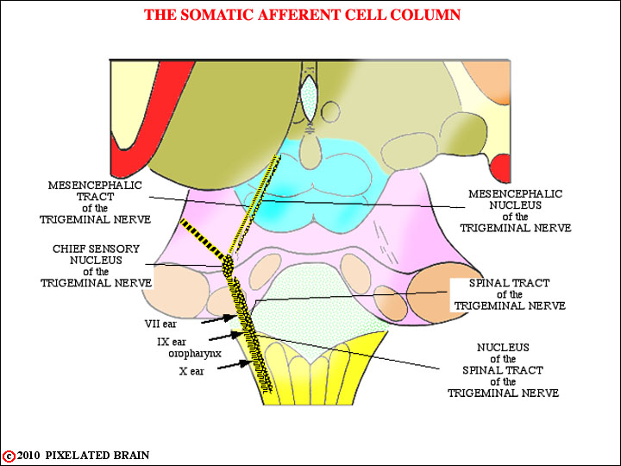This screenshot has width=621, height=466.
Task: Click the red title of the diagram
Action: point(302,15)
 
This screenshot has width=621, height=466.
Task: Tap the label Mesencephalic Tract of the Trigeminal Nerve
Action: point(95,202)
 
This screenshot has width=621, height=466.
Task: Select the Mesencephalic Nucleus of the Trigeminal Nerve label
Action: point(515,211)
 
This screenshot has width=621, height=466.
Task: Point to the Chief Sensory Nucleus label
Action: point(97,266)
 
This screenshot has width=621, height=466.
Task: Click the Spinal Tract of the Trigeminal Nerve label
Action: point(510,294)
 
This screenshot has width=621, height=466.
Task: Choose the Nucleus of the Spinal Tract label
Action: point(503,370)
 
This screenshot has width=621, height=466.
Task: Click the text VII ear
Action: point(160,324)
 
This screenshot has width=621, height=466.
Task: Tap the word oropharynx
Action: point(195,353)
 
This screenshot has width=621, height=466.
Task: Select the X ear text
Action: point(191,371)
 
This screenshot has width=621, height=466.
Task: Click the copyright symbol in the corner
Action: point(9,457)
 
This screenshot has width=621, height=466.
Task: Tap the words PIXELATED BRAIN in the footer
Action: point(97,456)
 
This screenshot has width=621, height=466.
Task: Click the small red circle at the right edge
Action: point(500,168)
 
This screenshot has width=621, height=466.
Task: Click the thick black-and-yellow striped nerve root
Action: point(204,239)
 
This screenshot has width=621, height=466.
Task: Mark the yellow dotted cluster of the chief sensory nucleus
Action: point(228,266)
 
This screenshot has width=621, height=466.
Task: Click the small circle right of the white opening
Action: point(330,111)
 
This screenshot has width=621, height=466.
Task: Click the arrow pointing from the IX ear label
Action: point(226,337)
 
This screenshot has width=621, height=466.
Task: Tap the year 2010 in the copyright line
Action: point(28,456)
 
